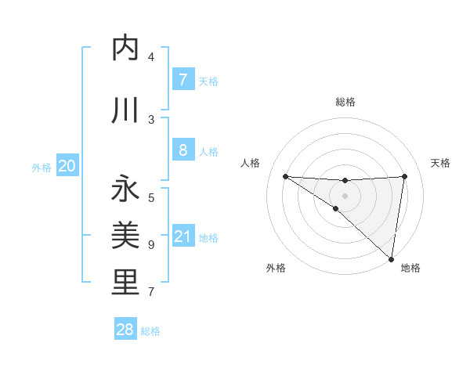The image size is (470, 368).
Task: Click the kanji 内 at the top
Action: click(125, 49)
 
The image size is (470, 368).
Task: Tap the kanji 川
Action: click(125, 110)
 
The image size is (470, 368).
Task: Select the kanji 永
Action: click(125, 189)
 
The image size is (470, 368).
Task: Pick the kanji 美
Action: click(125, 234)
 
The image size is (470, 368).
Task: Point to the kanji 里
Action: click(125, 282)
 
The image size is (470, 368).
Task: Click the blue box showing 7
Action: click(183, 80)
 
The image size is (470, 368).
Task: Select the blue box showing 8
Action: click(183, 150)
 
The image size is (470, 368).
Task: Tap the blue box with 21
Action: click(183, 236)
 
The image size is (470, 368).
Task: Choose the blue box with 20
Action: click(67, 166)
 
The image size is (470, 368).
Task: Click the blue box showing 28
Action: click(125, 330)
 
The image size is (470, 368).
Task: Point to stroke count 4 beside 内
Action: click(151, 57)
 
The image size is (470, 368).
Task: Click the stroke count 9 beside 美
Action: click(151, 245)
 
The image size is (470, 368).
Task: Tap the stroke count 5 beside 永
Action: click(151, 197)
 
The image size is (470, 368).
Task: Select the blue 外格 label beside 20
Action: click(42, 167)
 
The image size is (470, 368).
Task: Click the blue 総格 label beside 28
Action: click(150, 331)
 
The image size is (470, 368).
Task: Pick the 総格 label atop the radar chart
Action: click(345, 102)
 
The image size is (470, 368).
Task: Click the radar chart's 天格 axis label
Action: click(440, 163)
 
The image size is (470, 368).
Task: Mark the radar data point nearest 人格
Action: click(285, 176)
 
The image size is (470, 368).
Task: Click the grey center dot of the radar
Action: click(345, 195)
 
